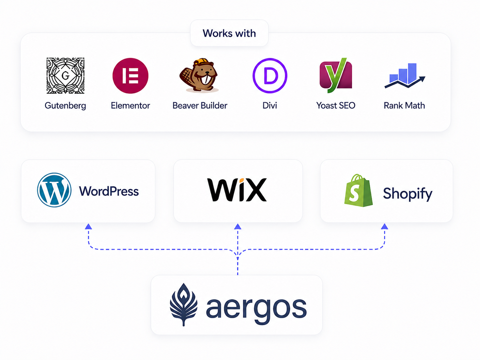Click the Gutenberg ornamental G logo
[x=65, y=76]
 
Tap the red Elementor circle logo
[x=130, y=76]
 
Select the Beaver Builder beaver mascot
[x=199, y=75]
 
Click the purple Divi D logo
[x=270, y=76]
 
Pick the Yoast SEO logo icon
[x=336, y=75]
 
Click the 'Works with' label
[x=229, y=33]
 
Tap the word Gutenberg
[x=65, y=106]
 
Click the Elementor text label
[x=130, y=105]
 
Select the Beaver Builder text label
[x=200, y=105]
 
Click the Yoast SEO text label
[x=336, y=105]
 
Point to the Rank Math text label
[x=404, y=105]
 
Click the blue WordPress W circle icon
[x=54, y=190]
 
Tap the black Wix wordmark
[x=237, y=190]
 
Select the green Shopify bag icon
[x=359, y=190]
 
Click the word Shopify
[x=408, y=194]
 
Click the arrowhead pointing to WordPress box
[x=89, y=226]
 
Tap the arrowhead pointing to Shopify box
[x=385, y=226]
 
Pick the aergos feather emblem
[x=184, y=305]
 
